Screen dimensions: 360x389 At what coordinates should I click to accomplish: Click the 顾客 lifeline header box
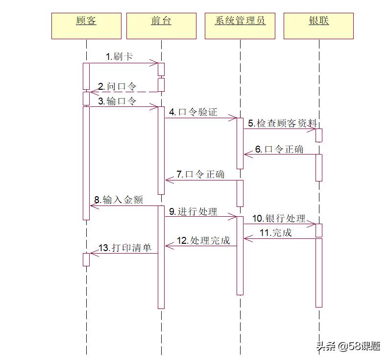point(86,26)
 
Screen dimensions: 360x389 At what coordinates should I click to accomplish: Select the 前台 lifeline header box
point(161,26)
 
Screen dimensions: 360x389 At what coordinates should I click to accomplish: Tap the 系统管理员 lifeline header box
point(240,26)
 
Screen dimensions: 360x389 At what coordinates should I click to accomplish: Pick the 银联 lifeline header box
point(318,26)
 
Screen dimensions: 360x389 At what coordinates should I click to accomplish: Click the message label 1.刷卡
point(119,56)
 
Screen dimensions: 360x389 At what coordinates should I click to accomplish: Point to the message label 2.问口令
point(117,86)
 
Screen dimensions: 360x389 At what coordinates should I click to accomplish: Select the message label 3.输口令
point(117,101)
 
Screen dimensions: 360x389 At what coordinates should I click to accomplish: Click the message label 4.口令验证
point(193,112)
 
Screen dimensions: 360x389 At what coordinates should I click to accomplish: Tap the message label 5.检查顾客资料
point(282,123)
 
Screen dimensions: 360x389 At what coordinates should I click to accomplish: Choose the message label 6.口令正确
point(279,149)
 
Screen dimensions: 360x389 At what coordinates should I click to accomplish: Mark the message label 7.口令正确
point(200,174)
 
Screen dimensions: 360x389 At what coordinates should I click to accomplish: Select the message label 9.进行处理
point(194,211)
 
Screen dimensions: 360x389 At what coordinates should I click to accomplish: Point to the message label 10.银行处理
point(279,218)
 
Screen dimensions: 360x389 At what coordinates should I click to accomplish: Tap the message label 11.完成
point(275,233)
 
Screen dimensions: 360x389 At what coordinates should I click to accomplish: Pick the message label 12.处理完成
point(203,240)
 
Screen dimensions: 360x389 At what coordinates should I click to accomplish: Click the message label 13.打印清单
point(125,248)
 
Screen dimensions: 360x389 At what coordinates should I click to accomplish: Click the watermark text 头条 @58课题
point(348,346)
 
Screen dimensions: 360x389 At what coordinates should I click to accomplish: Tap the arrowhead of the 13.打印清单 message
point(93,253)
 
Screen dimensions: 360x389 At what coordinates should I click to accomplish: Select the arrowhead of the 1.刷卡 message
point(155,62)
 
